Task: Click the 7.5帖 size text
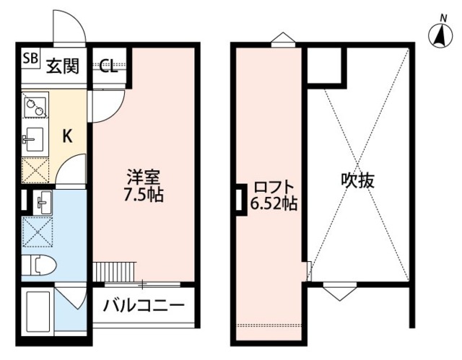144,195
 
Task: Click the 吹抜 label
357,180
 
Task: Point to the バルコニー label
144,304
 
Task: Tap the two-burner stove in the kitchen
35,107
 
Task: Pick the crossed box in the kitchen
35,169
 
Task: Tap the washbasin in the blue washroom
39,203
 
